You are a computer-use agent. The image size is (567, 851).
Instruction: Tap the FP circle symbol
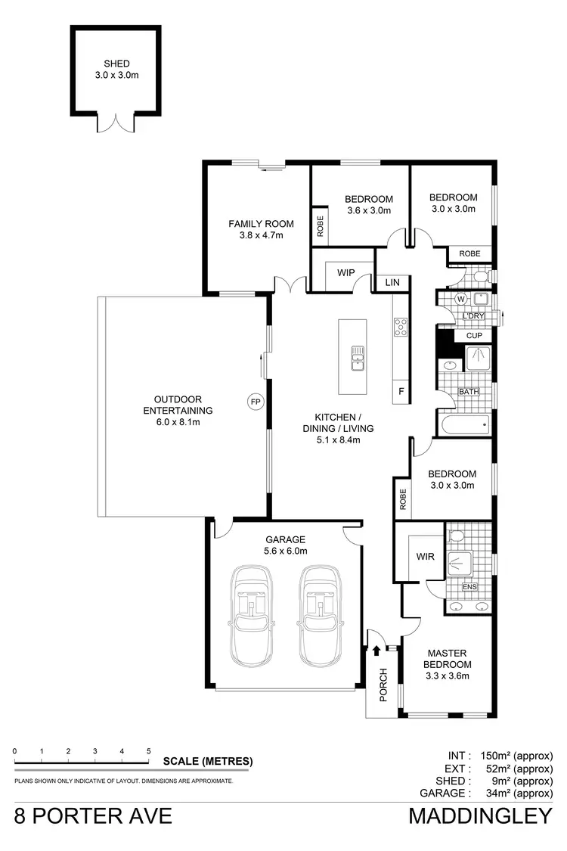point(255,402)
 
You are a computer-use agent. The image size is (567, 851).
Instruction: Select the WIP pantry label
point(346,272)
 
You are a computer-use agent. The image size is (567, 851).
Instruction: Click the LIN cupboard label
point(392,282)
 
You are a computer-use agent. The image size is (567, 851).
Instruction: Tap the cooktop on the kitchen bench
point(400,327)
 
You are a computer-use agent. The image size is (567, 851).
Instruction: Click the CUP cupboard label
point(474,335)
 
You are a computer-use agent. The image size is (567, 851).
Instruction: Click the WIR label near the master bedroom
point(424,556)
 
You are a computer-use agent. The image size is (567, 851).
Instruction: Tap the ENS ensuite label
point(469,587)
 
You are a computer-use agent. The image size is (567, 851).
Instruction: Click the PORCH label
point(383,685)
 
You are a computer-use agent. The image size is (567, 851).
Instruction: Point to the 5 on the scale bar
point(148,751)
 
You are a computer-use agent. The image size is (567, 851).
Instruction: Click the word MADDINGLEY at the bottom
point(481,817)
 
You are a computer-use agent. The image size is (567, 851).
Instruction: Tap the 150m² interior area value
point(499,755)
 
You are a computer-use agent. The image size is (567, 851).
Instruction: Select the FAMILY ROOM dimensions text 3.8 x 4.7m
point(256,234)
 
